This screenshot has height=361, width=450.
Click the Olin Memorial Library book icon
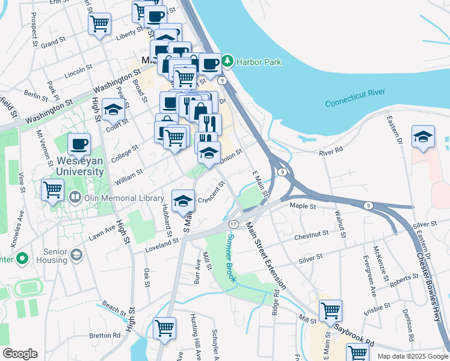point(75,197)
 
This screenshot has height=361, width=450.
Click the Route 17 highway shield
point(233,224)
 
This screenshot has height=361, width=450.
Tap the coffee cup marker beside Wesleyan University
point(79,144)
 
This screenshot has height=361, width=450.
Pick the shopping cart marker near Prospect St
point(100,24)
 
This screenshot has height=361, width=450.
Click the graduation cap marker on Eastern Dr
point(424,136)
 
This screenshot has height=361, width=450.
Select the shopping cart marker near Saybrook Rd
point(330,310)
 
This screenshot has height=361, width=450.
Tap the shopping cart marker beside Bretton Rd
point(164,328)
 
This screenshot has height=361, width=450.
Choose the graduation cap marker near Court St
point(113,109)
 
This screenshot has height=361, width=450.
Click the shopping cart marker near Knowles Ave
point(53,190)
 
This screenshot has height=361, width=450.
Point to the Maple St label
point(303,206)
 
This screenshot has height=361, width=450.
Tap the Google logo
point(20,354)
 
